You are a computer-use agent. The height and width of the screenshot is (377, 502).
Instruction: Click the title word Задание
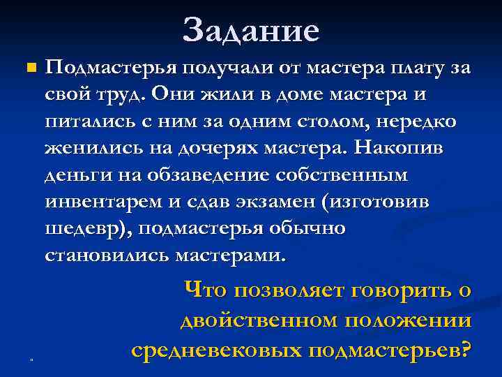251,30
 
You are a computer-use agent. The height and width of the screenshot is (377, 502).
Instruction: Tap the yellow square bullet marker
29,68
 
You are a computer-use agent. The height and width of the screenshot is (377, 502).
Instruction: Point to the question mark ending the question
466,347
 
